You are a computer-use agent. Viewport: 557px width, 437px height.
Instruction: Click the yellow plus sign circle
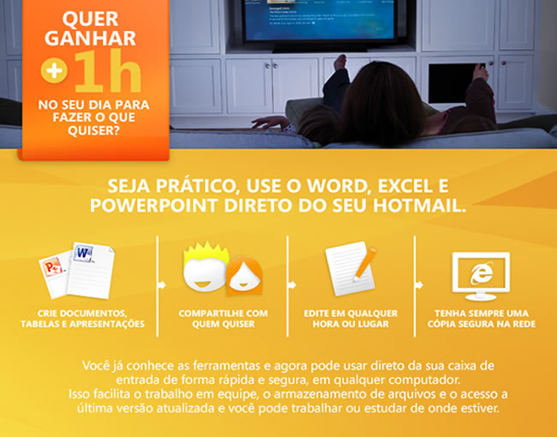[x=54, y=70]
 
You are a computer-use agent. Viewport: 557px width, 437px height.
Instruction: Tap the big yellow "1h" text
[x=107, y=71]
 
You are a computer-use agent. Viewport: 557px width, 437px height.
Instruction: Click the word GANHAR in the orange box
[x=90, y=38]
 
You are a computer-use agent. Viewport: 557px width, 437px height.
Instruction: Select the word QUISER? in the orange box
[x=93, y=130]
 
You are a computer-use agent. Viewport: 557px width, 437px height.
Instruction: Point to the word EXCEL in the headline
[x=405, y=186]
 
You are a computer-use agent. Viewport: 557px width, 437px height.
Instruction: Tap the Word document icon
[x=91, y=270]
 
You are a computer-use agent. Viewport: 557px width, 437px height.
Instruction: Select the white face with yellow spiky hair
[x=205, y=266]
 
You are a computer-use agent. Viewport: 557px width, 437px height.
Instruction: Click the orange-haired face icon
[x=244, y=276]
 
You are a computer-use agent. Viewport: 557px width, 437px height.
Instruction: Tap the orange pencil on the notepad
[x=365, y=264]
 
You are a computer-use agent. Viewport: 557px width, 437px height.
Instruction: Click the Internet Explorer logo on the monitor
[x=482, y=272]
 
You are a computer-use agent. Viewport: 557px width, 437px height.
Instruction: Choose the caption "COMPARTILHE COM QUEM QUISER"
[x=224, y=319]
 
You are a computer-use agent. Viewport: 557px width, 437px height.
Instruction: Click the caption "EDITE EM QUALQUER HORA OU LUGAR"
[x=350, y=319]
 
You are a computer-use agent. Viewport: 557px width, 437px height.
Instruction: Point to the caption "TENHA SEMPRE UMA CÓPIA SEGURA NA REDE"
[x=482, y=319]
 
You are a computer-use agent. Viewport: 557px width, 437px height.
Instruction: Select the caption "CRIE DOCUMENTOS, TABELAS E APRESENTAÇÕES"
[x=82, y=319]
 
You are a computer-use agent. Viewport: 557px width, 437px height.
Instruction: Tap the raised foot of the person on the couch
[x=341, y=63]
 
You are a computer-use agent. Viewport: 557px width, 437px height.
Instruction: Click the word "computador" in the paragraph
[x=424, y=380]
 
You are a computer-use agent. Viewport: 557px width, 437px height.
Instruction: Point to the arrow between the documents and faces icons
[x=162, y=285]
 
